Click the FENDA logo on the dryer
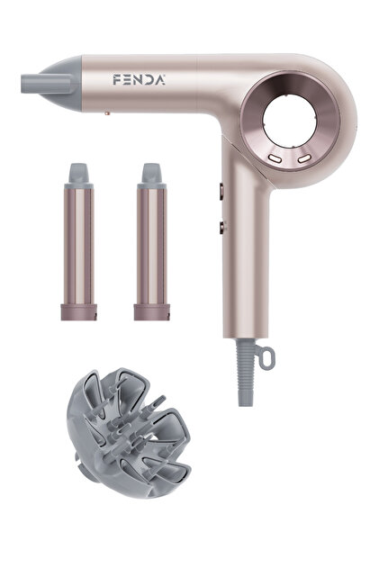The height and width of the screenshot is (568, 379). coord(139,80)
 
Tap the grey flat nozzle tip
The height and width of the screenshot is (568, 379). coord(46,84)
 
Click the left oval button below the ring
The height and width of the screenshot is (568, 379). coord(275,158)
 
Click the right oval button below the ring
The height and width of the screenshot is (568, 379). coord(304,158)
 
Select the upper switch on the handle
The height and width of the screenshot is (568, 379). coord(221,192)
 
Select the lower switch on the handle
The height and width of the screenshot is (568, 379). coord(221,228)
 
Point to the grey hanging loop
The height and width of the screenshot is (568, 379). coord(266,357)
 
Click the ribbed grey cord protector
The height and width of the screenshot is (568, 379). coord(245,372)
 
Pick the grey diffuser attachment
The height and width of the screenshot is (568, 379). coord(129,433)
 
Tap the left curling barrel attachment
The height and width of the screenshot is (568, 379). coord(79,242)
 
